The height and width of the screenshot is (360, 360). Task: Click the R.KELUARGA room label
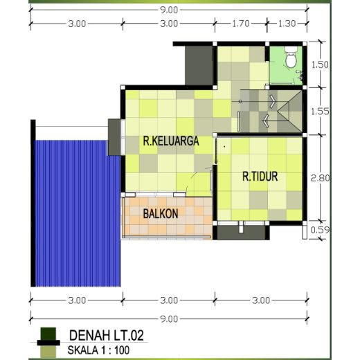[x=171, y=141]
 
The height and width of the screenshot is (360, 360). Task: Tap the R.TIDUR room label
[x=260, y=177]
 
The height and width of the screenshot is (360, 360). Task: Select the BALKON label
[x=161, y=214]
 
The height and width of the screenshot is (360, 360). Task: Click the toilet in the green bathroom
[x=291, y=57]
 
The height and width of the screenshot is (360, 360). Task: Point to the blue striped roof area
[x=77, y=213]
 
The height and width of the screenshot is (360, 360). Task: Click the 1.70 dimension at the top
[x=241, y=24]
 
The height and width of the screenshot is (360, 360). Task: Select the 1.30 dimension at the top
[x=287, y=24]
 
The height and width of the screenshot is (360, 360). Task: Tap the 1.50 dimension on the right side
[x=320, y=64]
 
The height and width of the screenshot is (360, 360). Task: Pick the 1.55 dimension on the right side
[x=320, y=111]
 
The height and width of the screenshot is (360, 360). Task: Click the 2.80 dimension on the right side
[x=321, y=178]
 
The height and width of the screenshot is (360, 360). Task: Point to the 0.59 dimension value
[x=321, y=230]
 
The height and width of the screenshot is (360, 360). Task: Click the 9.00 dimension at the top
[x=169, y=10]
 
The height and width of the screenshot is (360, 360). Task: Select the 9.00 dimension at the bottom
[x=169, y=319]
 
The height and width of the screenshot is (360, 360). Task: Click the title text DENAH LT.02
[x=107, y=335]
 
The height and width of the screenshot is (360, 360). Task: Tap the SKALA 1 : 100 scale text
[x=98, y=350]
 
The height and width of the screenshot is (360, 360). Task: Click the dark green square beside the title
[x=48, y=334]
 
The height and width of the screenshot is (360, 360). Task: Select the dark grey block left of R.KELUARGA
[x=114, y=137]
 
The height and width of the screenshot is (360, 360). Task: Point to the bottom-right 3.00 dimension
[x=261, y=300]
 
